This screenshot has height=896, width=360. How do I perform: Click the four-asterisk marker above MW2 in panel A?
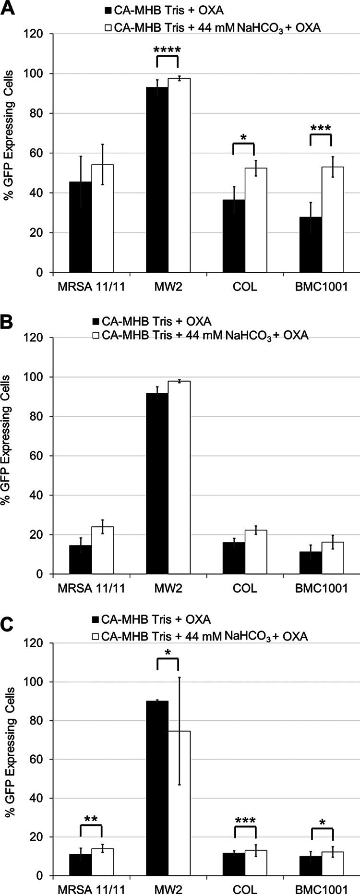[x=167, y=50]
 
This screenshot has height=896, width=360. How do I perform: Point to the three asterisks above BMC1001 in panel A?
[x=321, y=129]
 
